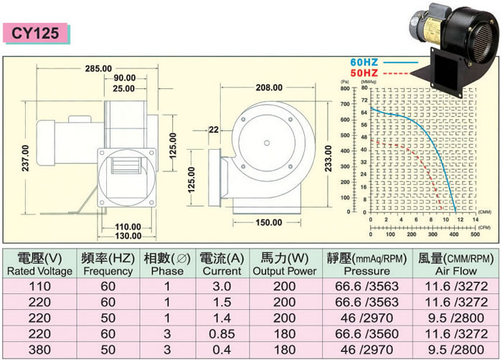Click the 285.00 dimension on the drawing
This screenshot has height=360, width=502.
tap(98, 68)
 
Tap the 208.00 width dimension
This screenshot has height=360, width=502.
tap(269, 87)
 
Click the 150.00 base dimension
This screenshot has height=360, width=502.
tap(270, 222)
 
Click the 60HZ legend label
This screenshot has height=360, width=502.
tap(365, 62)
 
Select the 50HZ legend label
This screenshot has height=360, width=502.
tap(365, 72)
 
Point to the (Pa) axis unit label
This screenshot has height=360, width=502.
tap(345, 82)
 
